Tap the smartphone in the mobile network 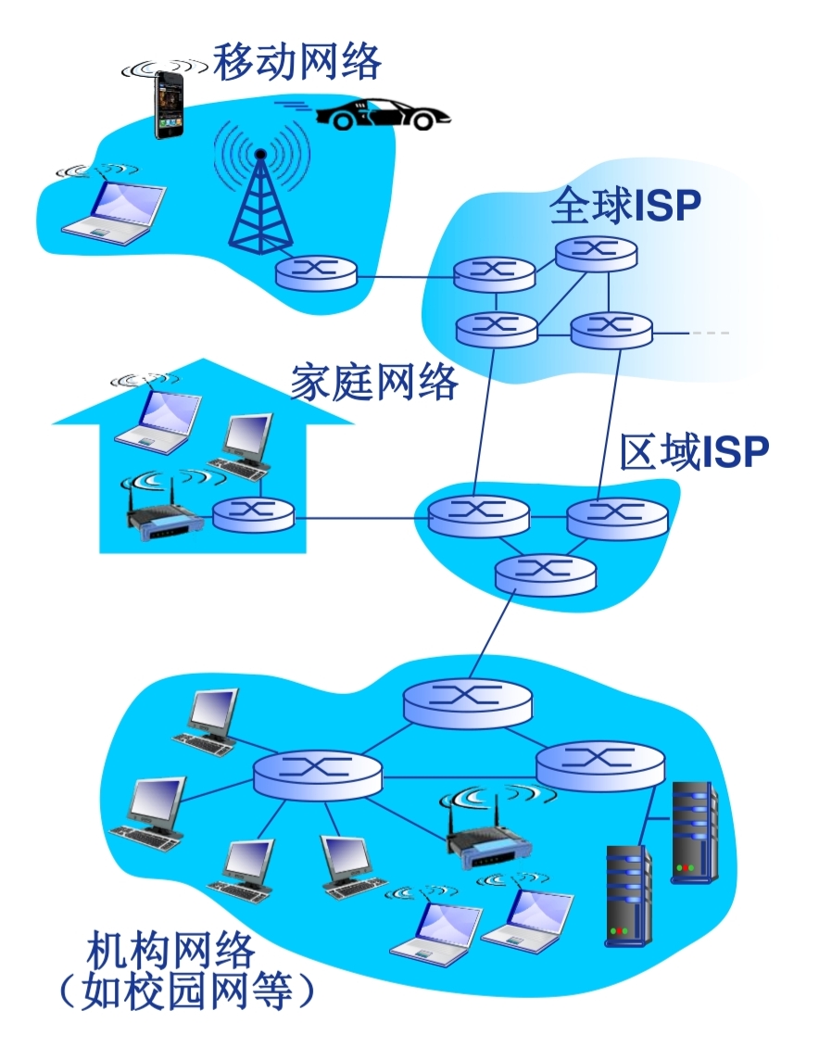click(x=169, y=105)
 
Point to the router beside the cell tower click(x=316, y=272)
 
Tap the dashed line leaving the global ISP click(x=709, y=333)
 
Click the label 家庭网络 click(x=374, y=382)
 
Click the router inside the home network click(x=253, y=512)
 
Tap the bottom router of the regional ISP click(x=545, y=574)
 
